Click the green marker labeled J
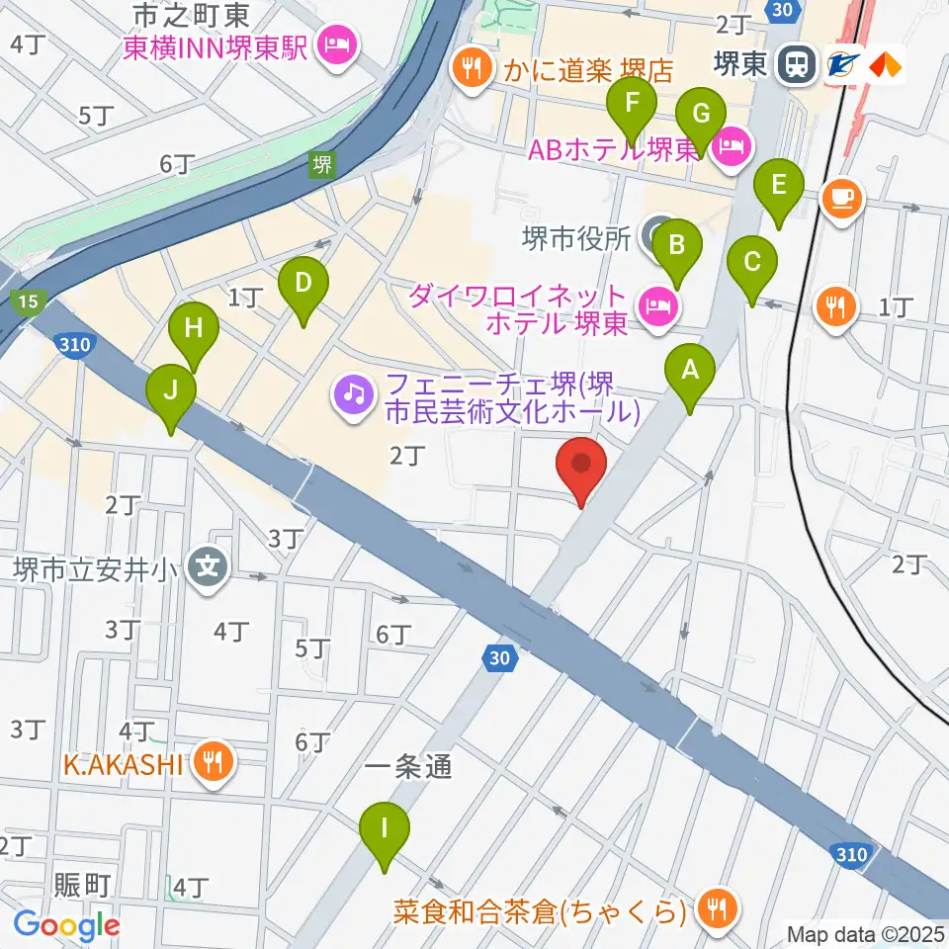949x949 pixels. coord(171,393)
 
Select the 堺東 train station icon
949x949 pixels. coord(794,64)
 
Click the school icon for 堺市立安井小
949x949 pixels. coord(209,567)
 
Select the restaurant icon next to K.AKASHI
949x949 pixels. coord(213,762)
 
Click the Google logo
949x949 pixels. coord(67,925)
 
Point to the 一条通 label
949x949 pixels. coord(408,768)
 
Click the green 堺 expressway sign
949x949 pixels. coord(321,164)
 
